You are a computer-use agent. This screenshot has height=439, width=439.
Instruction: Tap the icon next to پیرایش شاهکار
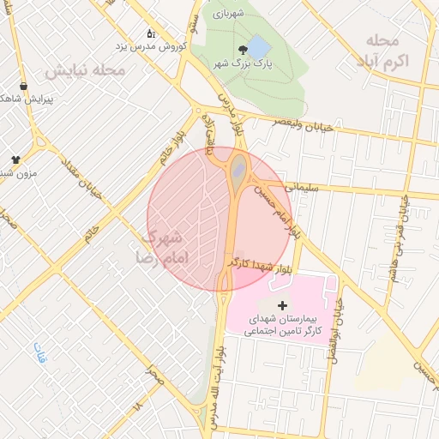[x=22, y=86]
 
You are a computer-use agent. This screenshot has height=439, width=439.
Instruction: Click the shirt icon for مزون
[x=15, y=159]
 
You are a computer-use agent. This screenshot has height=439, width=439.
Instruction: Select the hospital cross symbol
[x=282, y=305]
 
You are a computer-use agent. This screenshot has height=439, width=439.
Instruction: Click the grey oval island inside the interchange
[x=238, y=169]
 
